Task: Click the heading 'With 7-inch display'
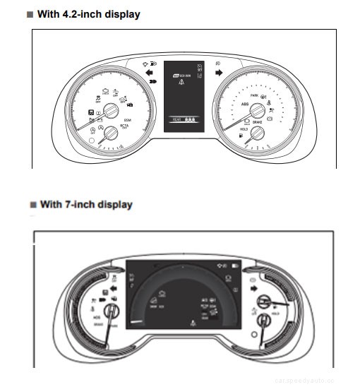coord(86,205)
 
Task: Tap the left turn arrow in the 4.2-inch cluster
coord(149,72)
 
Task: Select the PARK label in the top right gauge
coord(254,95)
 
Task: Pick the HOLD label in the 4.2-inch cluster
coord(244,130)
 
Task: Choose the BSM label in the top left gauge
coord(128,121)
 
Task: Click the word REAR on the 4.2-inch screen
coord(176,120)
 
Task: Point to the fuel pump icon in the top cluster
coord(242,135)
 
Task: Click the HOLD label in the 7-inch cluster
coord(275,311)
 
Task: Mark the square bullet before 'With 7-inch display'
coord(32,205)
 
